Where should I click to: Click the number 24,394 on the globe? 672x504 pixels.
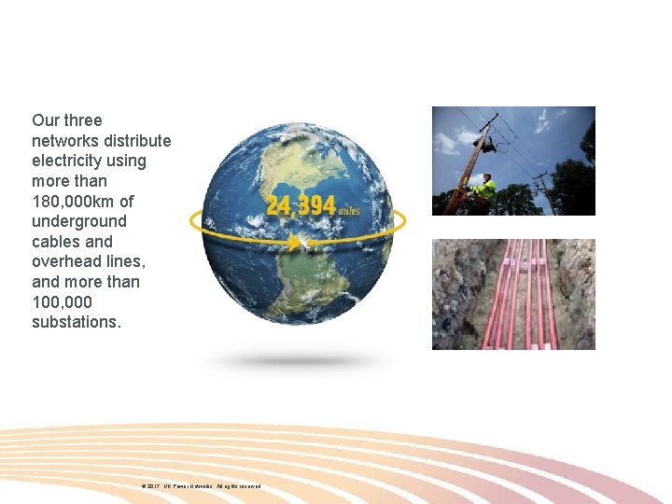pos(301,205)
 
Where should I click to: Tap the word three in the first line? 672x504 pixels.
pos(82,120)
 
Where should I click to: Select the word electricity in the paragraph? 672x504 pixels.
pos(68,161)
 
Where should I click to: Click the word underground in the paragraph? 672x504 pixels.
pos(78,221)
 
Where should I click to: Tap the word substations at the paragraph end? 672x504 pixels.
pos(75,322)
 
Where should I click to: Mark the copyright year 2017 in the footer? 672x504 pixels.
pos(153,486)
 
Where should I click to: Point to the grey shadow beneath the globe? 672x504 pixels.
pos(299,359)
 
